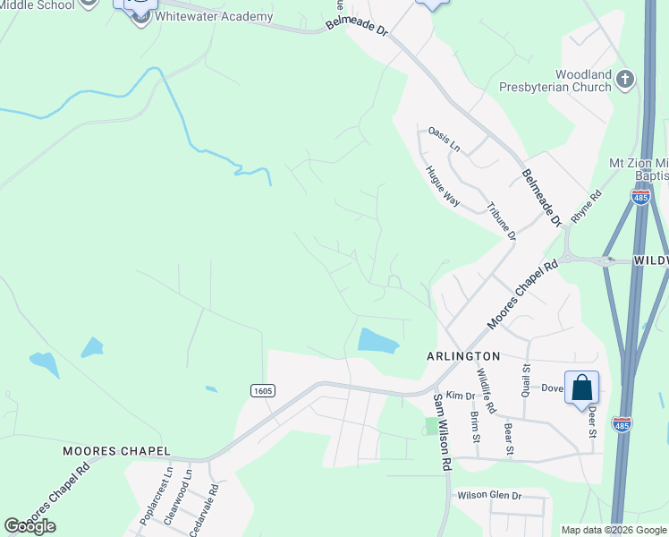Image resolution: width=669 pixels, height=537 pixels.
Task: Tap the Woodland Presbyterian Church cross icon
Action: coord(625,81)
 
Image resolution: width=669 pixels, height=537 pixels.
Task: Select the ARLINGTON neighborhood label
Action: coord(462,356)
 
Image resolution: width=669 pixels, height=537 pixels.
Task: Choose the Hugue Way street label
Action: coord(443,186)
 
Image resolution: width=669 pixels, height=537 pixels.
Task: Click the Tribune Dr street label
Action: coord(501,220)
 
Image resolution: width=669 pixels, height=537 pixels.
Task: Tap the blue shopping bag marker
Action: coord(581,388)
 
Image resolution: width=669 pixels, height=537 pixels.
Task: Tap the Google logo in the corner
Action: coord(30,525)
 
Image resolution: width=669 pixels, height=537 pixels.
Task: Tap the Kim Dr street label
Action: coord(460,395)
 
